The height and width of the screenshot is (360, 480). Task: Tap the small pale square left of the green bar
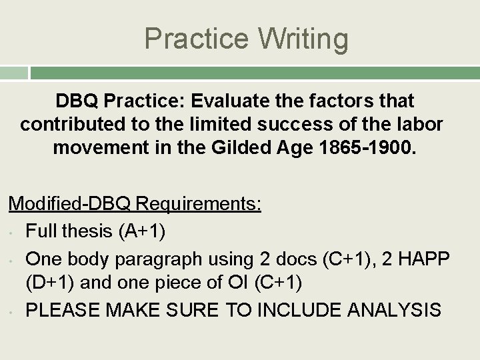click(14, 73)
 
